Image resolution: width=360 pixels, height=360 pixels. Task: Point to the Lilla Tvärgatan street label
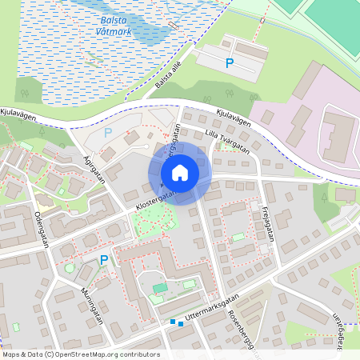226,141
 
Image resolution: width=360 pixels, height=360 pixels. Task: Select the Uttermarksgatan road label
212,310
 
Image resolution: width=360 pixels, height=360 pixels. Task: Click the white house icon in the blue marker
180,173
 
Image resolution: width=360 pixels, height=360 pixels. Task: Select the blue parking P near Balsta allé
230,62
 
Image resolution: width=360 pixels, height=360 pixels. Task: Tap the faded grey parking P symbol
108,133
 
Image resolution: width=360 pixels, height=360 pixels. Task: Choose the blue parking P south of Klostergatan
103,260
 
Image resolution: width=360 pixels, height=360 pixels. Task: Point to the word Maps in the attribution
12,354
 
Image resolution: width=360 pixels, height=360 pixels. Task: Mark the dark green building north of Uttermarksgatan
161,287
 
